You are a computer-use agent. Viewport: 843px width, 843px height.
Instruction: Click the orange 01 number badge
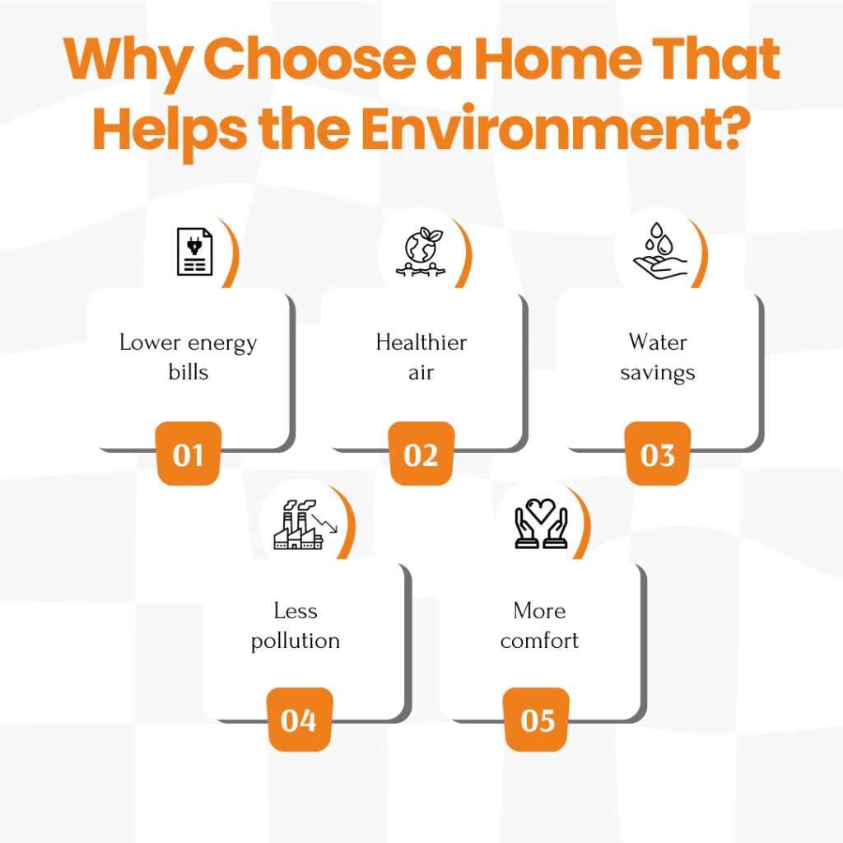pyautogui.click(x=189, y=454)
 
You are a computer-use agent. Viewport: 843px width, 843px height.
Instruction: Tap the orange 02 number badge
pyautogui.click(x=421, y=454)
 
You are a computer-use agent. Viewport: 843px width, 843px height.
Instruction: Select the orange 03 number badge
pyautogui.click(x=658, y=454)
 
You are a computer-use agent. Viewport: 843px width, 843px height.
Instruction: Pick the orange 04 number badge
pyautogui.click(x=300, y=720)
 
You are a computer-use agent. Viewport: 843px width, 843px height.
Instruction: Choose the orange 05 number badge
pyautogui.click(x=536, y=720)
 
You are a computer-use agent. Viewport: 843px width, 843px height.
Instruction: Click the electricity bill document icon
pyautogui.click(x=194, y=252)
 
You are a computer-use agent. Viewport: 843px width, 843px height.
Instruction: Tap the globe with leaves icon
pyautogui.click(x=421, y=252)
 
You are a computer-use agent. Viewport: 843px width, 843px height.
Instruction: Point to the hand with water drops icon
pyautogui.click(x=660, y=251)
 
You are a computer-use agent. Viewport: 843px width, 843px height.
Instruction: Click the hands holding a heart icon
pyautogui.click(x=541, y=524)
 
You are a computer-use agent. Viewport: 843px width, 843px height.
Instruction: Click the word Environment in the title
pyautogui.click(x=556, y=129)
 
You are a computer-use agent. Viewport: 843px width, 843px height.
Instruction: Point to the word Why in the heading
pyautogui.click(x=128, y=63)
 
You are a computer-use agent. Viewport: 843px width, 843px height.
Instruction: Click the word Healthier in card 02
pyautogui.click(x=421, y=342)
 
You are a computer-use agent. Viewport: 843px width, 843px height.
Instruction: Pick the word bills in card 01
pyautogui.click(x=189, y=371)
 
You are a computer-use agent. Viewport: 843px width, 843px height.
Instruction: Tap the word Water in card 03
pyautogui.click(x=658, y=342)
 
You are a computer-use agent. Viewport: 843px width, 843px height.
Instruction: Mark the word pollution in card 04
pyautogui.click(x=296, y=640)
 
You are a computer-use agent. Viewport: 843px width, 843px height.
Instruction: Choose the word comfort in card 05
pyautogui.click(x=539, y=640)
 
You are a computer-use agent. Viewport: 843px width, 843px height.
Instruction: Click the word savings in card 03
pyautogui.click(x=658, y=373)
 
